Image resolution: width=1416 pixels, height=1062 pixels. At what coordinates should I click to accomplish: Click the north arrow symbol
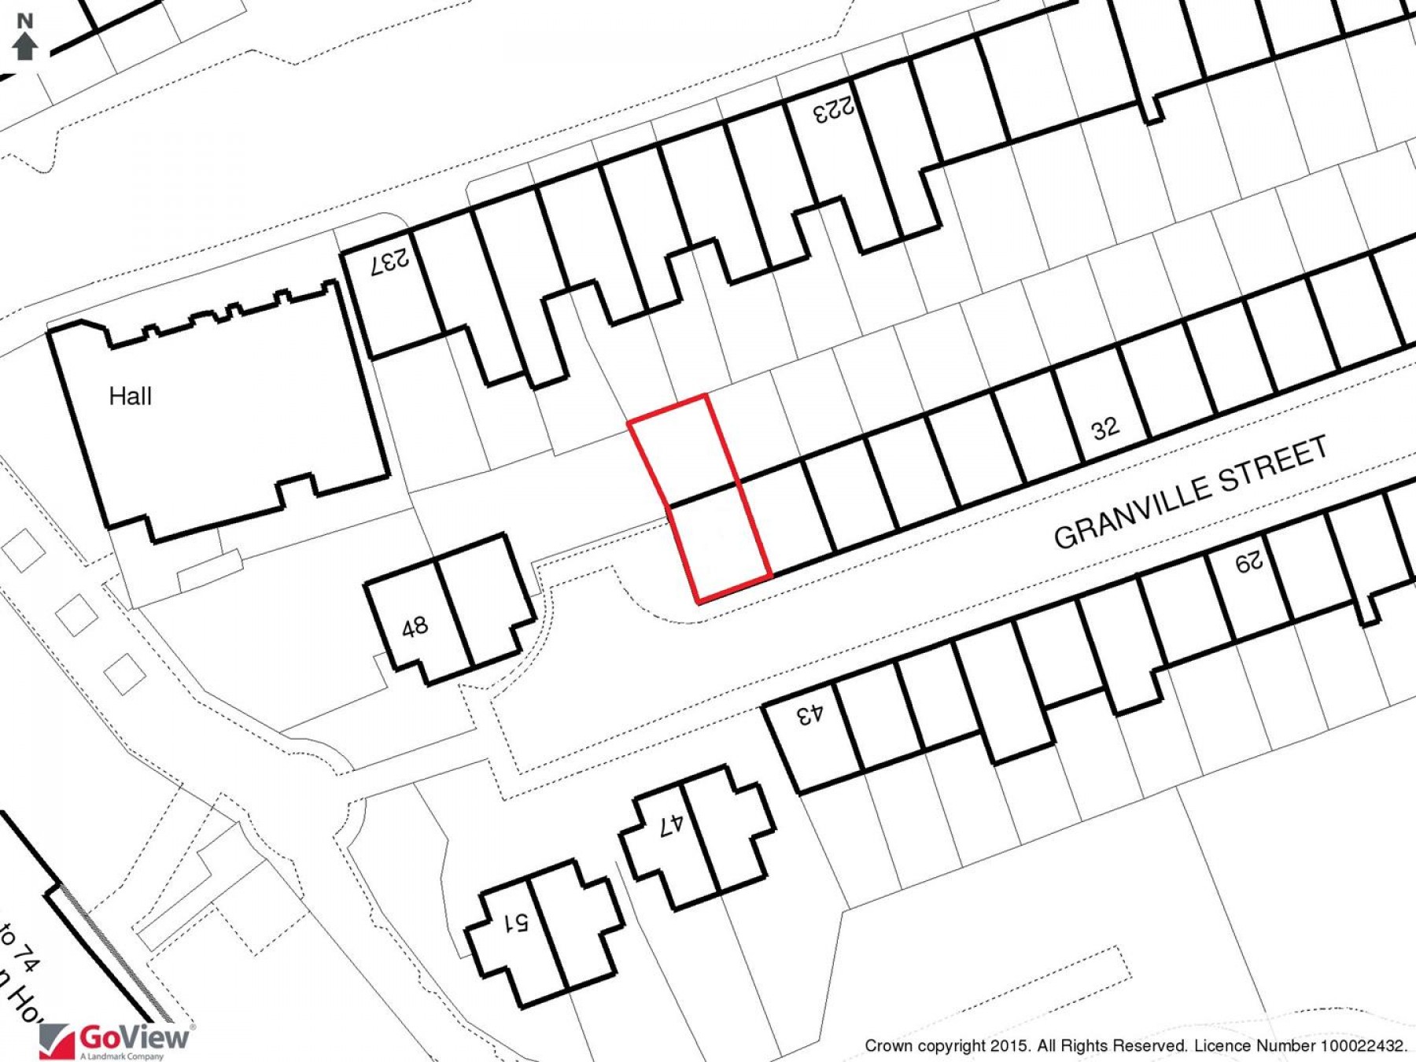(x=25, y=46)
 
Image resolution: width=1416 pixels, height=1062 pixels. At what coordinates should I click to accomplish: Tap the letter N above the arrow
(x=25, y=21)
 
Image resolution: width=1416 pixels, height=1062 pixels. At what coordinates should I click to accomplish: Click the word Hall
(x=130, y=396)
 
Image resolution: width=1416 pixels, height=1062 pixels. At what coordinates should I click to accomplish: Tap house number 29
(x=1248, y=562)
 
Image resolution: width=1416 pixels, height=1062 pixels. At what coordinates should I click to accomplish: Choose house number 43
(x=809, y=715)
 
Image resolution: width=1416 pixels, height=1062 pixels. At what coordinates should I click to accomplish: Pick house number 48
(x=415, y=628)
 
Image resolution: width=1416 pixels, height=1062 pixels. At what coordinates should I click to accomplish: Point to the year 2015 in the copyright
(x=1009, y=1045)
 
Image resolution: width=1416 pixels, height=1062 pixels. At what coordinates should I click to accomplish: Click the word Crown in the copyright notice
(x=888, y=1045)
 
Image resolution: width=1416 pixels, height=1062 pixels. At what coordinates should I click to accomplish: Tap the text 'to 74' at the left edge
(x=20, y=948)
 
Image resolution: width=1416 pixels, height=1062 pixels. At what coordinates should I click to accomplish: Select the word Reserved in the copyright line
(x=1149, y=1045)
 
